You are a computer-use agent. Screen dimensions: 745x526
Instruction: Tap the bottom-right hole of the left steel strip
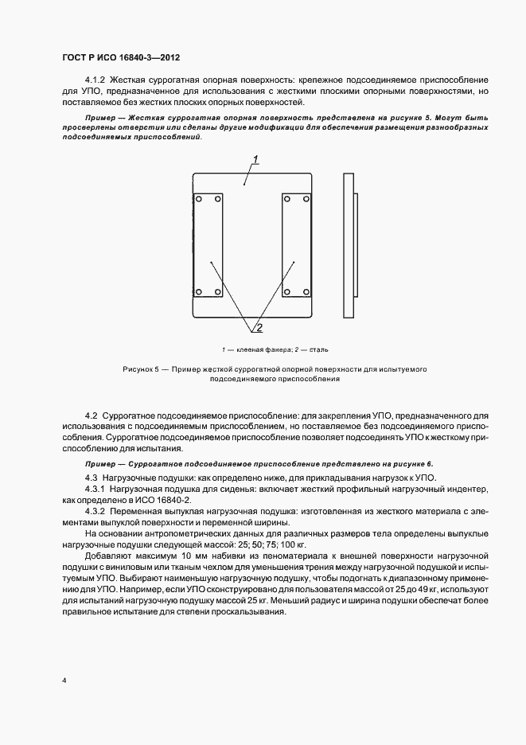pos(217,291)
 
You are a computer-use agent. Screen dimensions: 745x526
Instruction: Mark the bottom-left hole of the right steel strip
pos(287,291)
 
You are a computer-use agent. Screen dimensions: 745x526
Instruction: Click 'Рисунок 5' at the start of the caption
pos(141,370)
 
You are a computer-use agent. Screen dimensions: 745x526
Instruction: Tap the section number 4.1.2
pos(95,80)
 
